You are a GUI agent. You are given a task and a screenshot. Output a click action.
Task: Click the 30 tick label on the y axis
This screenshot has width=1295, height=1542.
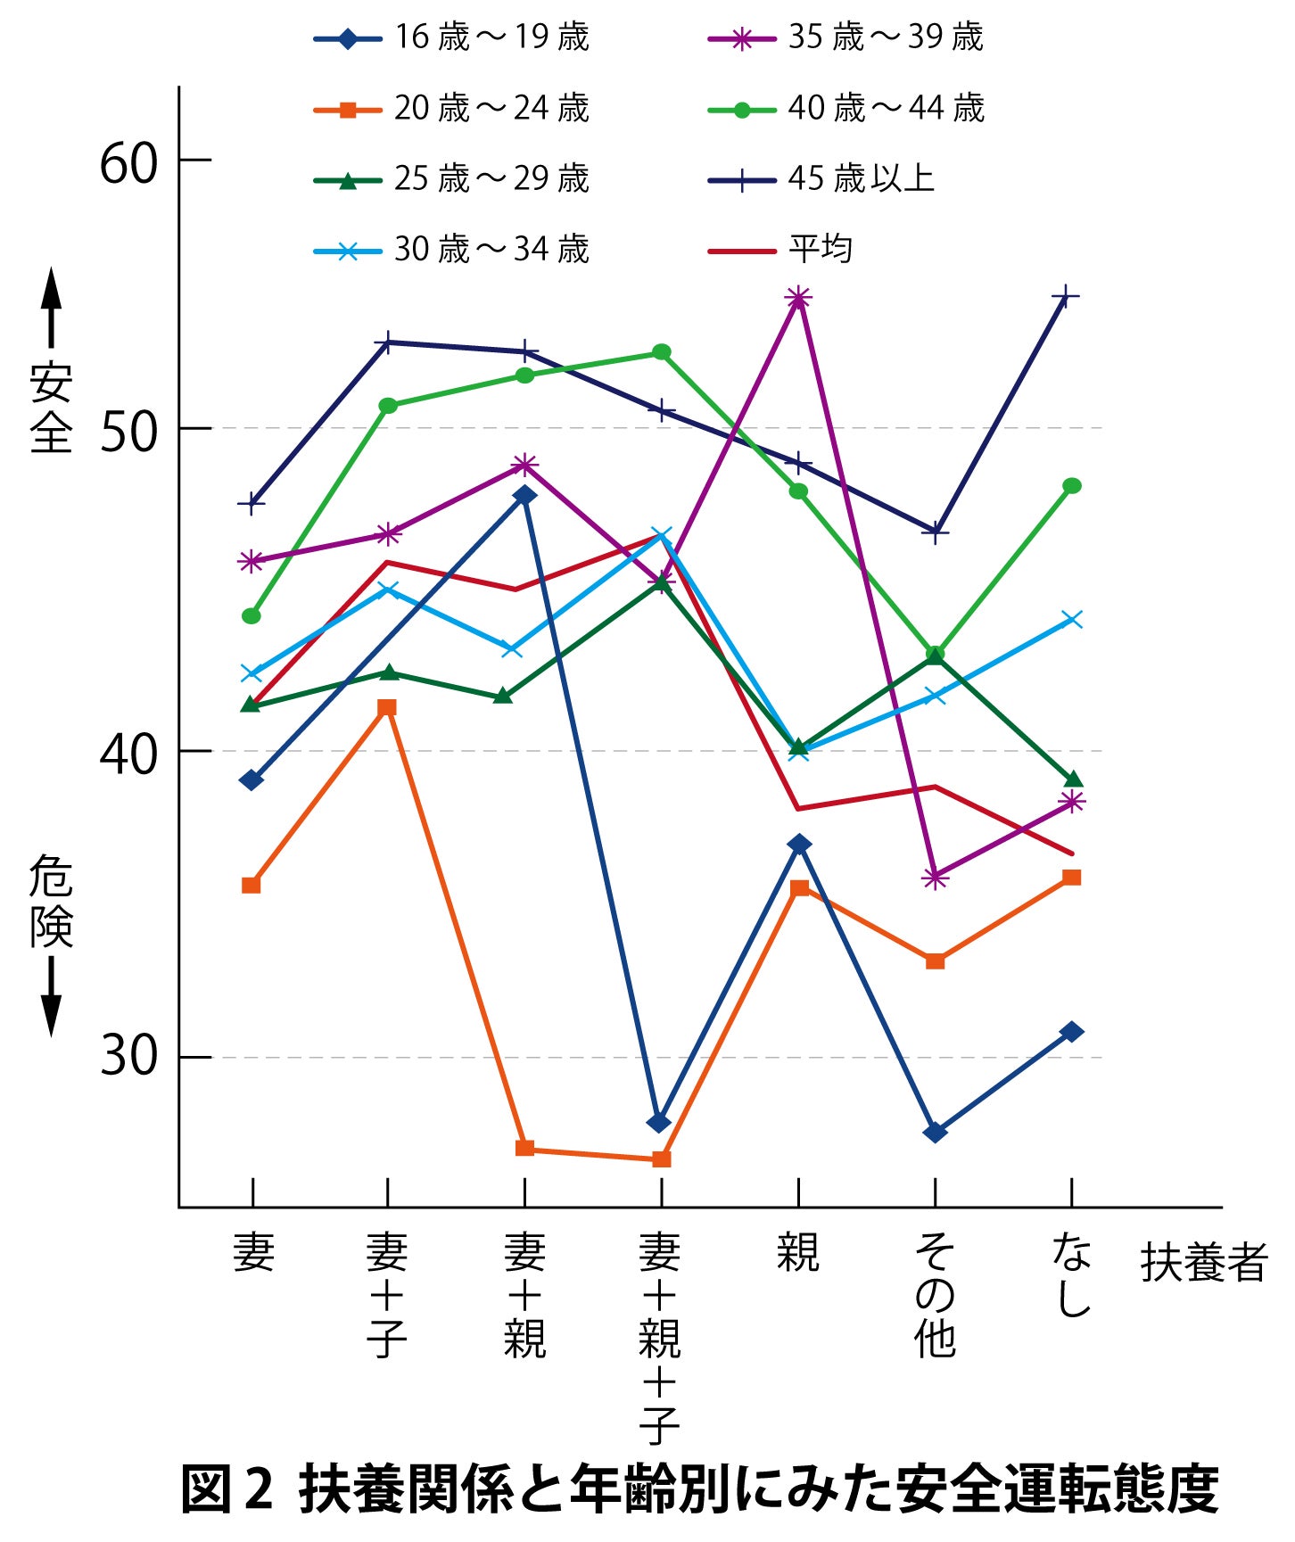128,1057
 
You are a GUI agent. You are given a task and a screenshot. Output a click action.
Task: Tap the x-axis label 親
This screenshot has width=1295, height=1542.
797,1253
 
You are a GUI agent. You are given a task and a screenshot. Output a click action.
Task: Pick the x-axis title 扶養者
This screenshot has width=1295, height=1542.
1203,1263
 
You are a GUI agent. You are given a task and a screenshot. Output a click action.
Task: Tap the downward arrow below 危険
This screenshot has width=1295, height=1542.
52,996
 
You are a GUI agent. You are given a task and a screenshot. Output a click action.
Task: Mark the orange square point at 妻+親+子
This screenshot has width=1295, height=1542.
661,1159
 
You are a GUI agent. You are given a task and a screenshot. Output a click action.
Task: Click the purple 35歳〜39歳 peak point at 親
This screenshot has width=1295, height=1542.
798,298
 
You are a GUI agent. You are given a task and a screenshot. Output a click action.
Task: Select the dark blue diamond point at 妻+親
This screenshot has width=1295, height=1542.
525,495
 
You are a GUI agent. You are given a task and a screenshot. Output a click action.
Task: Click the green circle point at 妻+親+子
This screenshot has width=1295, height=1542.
662,352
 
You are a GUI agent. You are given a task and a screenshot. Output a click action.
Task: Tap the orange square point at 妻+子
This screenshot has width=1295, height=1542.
387,707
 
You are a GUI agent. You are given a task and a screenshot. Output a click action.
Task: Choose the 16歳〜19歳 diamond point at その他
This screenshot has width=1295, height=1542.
935,1133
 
